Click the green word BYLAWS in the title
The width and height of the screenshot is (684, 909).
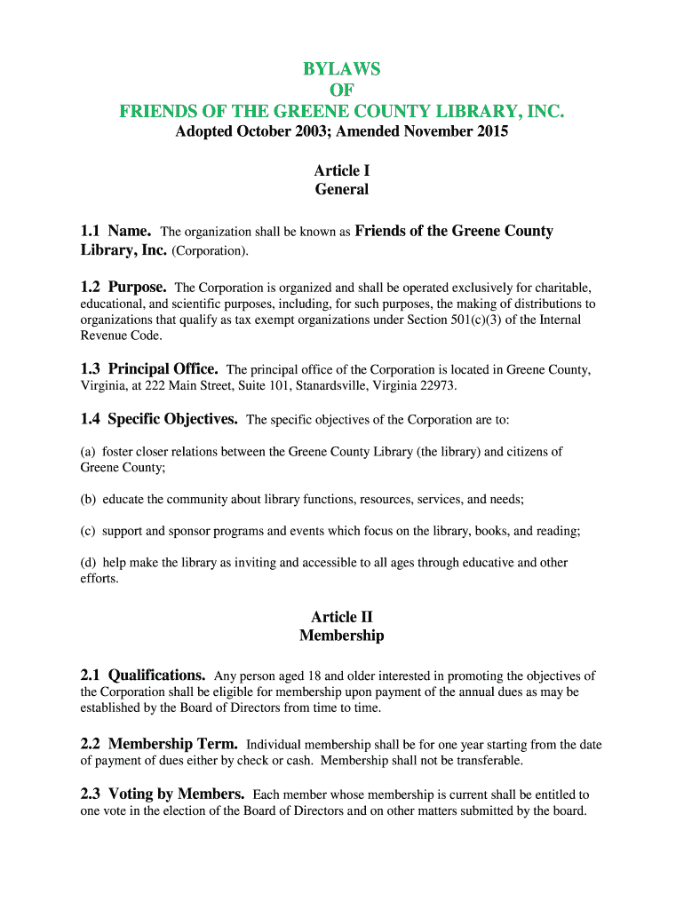pos(342,69)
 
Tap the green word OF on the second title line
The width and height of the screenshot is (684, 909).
pos(342,91)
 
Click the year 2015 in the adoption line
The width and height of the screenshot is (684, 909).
pos(489,132)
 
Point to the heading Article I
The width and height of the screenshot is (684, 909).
pos(342,170)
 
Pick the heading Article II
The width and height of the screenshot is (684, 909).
pos(342,617)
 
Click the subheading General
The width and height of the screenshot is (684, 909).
pos(342,189)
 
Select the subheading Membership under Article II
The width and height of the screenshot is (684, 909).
pos(342,636)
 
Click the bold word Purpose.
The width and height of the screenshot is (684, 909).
pos(138,288)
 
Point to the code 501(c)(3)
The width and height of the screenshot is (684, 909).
pos(477,320)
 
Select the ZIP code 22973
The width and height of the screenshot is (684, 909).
pos(438,386)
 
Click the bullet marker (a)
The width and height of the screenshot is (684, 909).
pos(88,452)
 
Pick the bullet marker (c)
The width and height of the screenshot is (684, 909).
pos(88,532)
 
